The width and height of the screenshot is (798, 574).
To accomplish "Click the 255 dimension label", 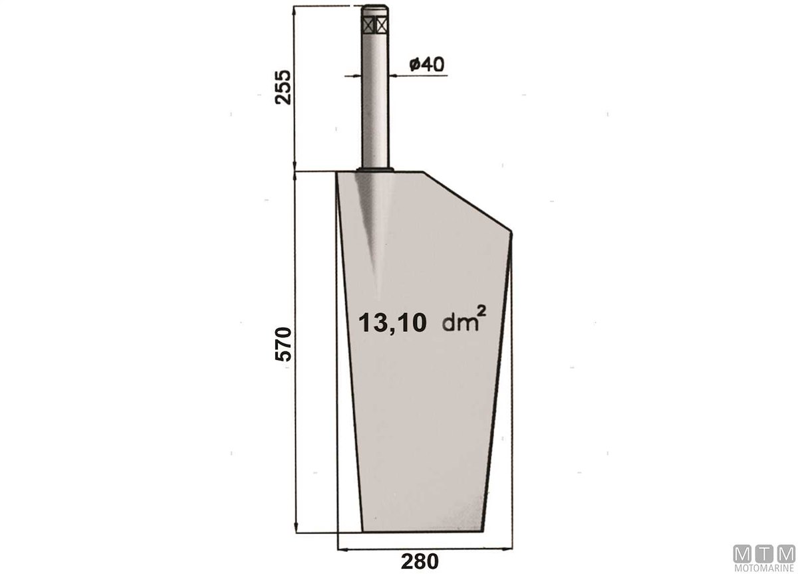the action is point(283,87).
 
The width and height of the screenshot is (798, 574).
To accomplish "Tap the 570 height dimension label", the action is point(283,344).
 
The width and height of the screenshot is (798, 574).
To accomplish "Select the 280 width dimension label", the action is point(420,561).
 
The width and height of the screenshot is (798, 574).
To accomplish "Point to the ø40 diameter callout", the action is point(427,64).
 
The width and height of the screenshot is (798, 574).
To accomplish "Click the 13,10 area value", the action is point(392,323).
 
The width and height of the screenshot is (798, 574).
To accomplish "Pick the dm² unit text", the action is point(464,320).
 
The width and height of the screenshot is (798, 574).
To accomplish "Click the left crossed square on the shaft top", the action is point(368,25).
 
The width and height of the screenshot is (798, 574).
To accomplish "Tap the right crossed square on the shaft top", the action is point(382,25).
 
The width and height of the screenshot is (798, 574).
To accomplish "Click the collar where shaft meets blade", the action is point(376,169).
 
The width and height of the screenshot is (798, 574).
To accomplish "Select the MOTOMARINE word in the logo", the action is point(764,567).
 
